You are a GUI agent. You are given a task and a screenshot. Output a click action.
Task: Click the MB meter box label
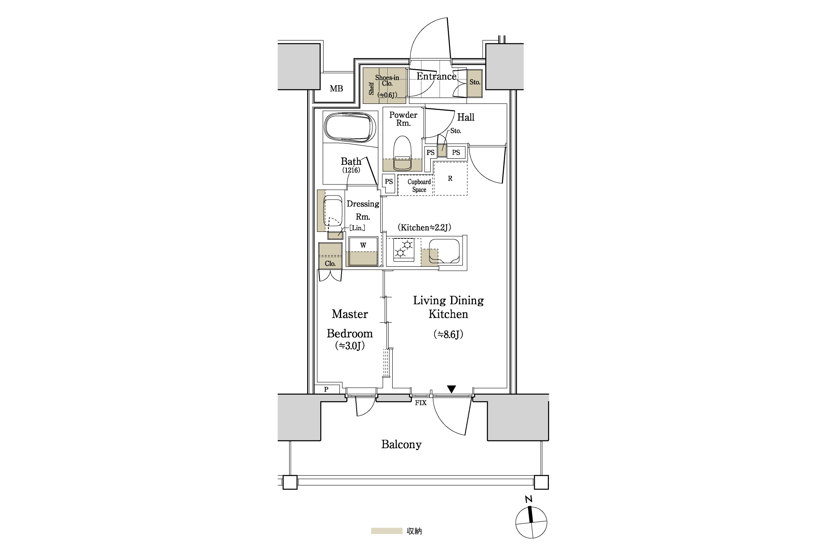336,88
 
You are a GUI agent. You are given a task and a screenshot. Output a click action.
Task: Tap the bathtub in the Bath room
350,127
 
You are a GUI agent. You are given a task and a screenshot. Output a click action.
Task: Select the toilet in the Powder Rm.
402,153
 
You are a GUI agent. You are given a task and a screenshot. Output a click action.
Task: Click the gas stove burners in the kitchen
404,249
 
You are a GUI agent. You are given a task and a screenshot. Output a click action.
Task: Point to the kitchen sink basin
445,251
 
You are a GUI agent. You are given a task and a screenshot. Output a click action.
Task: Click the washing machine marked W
363,252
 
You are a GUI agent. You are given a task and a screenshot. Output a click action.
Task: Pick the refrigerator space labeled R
450,178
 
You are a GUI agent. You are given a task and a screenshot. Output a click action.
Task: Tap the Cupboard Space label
419,186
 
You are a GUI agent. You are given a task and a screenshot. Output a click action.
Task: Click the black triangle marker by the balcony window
451,389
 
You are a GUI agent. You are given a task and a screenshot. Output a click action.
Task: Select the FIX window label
420,403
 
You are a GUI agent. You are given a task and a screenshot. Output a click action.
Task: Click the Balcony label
401,444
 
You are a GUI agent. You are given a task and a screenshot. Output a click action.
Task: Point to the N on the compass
529,499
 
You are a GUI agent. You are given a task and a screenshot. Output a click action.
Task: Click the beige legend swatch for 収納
387,531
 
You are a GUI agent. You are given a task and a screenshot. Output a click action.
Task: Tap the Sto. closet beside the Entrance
474,83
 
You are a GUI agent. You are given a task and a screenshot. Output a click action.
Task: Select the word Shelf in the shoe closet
371,88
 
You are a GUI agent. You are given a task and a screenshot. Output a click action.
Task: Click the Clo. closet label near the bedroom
330,263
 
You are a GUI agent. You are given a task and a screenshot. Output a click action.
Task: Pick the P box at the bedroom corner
326,389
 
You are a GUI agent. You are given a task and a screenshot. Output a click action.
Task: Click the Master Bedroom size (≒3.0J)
350,346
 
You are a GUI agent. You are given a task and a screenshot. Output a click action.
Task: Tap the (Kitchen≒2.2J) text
424,228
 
